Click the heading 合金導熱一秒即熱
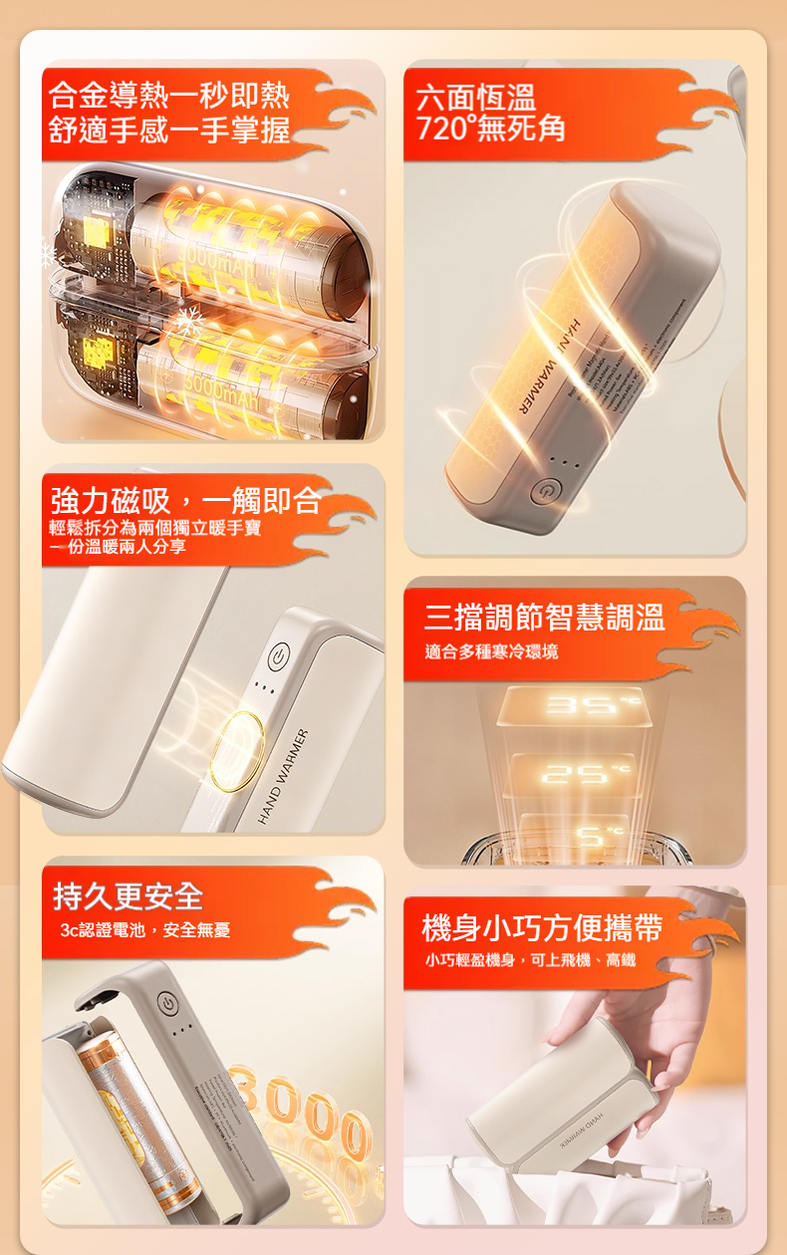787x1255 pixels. pos(169,96)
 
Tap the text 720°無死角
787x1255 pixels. pos(491,127)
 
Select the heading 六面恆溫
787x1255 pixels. pos(476,98)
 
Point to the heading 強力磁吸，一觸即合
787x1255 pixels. pos(186,499)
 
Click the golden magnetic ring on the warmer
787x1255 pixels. pos(238,749)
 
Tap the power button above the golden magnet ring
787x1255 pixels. pos(279,655)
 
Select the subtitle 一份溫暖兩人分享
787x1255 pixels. pos(118,547)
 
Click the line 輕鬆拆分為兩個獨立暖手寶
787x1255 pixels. pos(155,527)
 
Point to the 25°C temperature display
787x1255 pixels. pos(573,772)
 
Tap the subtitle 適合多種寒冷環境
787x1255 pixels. pos(491,651)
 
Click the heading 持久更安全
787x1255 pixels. pos(128,896)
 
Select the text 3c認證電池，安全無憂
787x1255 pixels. pos(144,930)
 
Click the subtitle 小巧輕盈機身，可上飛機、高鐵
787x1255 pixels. pos(529,960)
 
